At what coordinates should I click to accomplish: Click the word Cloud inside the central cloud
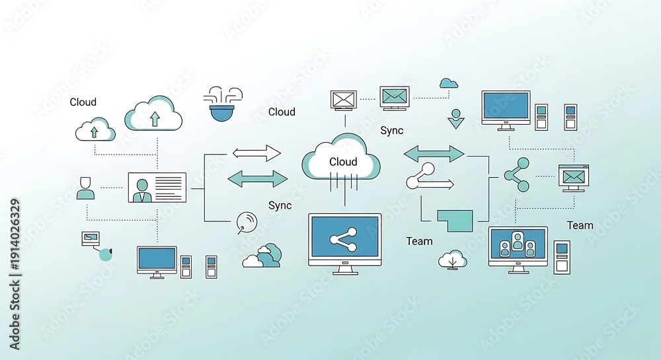coord(343,162)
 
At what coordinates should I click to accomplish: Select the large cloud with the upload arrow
coord(153,113)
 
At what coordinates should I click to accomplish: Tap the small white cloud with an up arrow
coord(95,129)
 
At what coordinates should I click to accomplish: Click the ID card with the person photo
coord(157,188)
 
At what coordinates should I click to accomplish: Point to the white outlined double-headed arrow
coord(256,153)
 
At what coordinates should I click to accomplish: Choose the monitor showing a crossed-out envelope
coord(344,100)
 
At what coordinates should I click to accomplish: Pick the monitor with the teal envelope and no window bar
coord(395,98)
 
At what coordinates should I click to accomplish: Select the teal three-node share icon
coord(518,175)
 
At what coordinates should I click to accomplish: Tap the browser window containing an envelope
coord(573,178)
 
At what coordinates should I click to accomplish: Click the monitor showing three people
coord(518,250)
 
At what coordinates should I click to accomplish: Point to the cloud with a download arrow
coord(453,260)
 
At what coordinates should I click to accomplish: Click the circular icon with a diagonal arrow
coord(247,223)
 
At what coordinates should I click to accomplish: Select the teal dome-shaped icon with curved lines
coord(223,105)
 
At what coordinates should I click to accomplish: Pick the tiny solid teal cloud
coord(449,83)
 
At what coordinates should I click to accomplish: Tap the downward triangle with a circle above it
coord(455,119)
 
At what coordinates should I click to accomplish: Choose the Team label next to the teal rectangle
coord(420,241)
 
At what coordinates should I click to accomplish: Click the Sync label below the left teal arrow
coord(280,205)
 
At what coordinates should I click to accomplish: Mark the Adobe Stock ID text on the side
coord(15,275)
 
